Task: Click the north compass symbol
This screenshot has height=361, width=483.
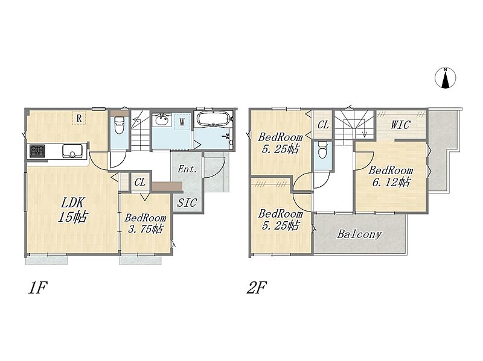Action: [446, 78]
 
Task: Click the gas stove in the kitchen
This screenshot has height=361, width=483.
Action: [37, 151]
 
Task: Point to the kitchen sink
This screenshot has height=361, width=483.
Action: [72, 151]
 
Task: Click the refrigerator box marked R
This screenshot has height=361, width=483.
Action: [79, 118]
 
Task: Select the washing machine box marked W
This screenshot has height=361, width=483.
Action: [182, 122]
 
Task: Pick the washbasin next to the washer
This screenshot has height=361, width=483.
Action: [162, 119]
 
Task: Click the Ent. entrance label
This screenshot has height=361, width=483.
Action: [187, 169]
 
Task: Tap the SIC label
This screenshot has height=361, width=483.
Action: [187, 202]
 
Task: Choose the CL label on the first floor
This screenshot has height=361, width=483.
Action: [140, 183]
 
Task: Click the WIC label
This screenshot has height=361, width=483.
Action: [400, 125]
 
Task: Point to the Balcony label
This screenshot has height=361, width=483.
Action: [359, 234]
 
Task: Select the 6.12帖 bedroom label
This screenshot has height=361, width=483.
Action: [391, 177]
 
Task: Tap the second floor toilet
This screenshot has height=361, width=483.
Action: [323, 149]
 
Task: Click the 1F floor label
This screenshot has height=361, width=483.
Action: [37, 288]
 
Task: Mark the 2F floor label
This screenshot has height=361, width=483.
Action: [257, 288]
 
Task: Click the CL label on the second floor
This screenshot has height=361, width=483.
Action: [323, 125]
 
